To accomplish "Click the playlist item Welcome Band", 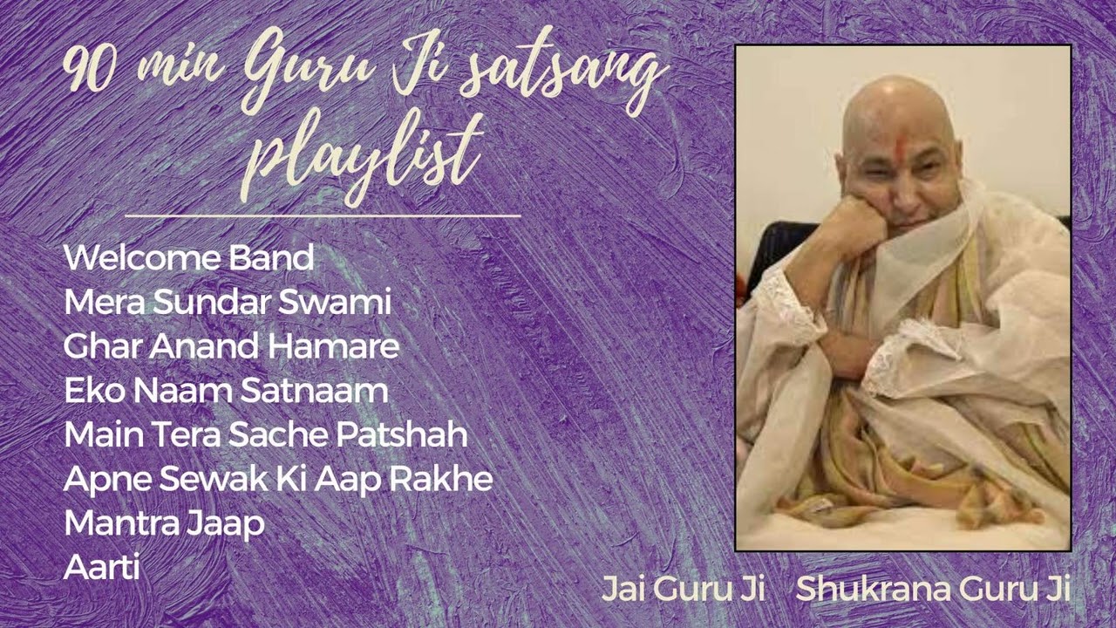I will pos(188,258).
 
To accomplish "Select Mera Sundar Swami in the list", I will pos(227,303).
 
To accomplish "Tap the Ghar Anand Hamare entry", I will pos(231,346).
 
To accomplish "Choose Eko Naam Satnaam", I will pos(226,391).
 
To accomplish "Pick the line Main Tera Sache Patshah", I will pos(265,435).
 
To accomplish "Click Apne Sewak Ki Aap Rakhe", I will pos(278,479).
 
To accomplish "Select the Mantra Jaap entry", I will pos(164,523).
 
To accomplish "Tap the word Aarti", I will pos(102,568).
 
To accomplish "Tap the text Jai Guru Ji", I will pos(683,589).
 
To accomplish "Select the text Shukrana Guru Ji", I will pos(933,589).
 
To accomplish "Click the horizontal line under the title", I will pos(323,215).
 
